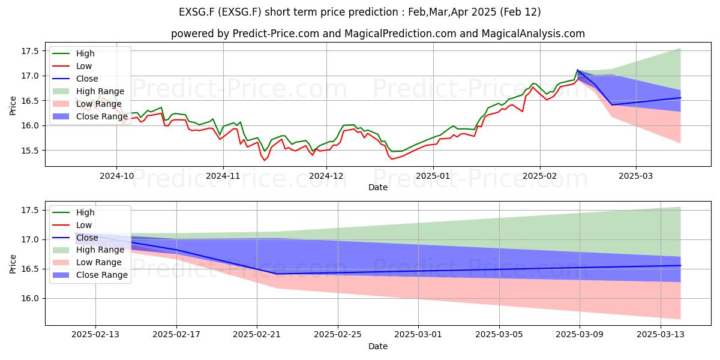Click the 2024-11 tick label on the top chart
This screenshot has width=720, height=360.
223,176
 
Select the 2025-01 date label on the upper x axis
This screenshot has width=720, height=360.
433,176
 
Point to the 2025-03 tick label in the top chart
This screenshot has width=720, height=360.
636,176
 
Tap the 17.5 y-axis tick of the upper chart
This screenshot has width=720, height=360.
30,51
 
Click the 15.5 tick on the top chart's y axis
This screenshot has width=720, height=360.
30,151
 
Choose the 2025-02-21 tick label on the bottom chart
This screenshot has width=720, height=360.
257,334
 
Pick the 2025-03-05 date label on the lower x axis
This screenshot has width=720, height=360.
499,334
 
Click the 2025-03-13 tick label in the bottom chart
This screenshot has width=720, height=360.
661,334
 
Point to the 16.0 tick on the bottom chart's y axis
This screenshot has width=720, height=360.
30,298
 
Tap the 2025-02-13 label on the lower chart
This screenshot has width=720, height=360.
95,334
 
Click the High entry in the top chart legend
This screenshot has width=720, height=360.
85,53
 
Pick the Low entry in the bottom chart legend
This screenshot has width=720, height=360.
84,225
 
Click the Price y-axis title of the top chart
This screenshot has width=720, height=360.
13,106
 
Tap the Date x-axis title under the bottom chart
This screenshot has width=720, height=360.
378,346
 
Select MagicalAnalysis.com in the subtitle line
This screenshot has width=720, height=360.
533,34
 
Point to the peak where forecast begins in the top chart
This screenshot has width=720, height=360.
578,70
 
